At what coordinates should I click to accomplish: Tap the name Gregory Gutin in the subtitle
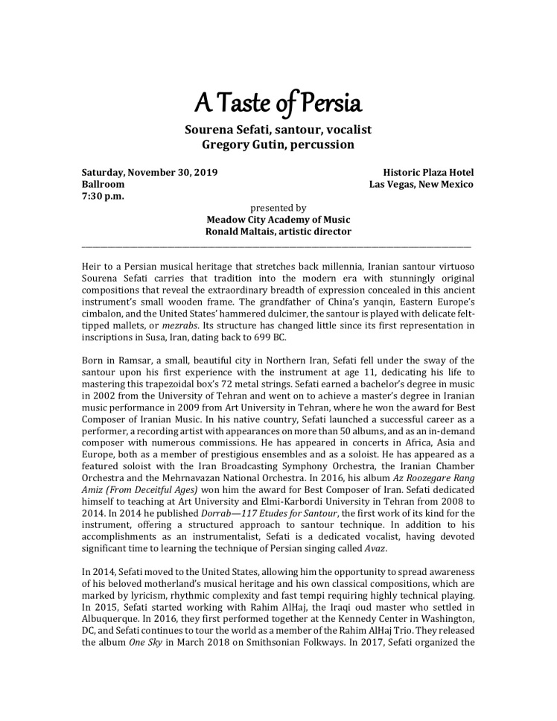(239, 144)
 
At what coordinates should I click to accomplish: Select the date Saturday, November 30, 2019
(150, 172)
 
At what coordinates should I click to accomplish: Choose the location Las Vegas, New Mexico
(421, 184)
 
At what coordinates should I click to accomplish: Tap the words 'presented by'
(278, 208)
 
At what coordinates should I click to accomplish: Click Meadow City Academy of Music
(278, 220)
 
